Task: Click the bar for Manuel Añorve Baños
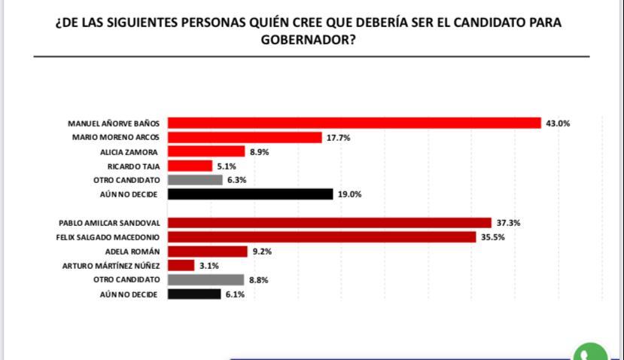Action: (x=354, y=123)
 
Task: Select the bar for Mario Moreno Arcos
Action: (x=245, y=137)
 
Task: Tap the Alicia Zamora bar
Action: (x=206, y=151)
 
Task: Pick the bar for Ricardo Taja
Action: (x=190, y=166)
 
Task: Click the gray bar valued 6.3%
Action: (x=195, y=180)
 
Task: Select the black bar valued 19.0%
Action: (x=250, y=194)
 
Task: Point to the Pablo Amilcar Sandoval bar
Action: (x=329, y=222)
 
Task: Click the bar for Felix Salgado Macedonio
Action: (x=322, y=236)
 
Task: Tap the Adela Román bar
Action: (x=207, y=251)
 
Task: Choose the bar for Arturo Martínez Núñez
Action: (x=181, y=265)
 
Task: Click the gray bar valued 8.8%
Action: (x=205, y=279)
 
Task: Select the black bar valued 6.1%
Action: (x=193, y=294)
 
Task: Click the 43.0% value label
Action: (x=559, y=124)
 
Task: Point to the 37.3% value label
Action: (x=508, y=223)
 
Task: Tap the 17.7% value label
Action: (x=338, y=138)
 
